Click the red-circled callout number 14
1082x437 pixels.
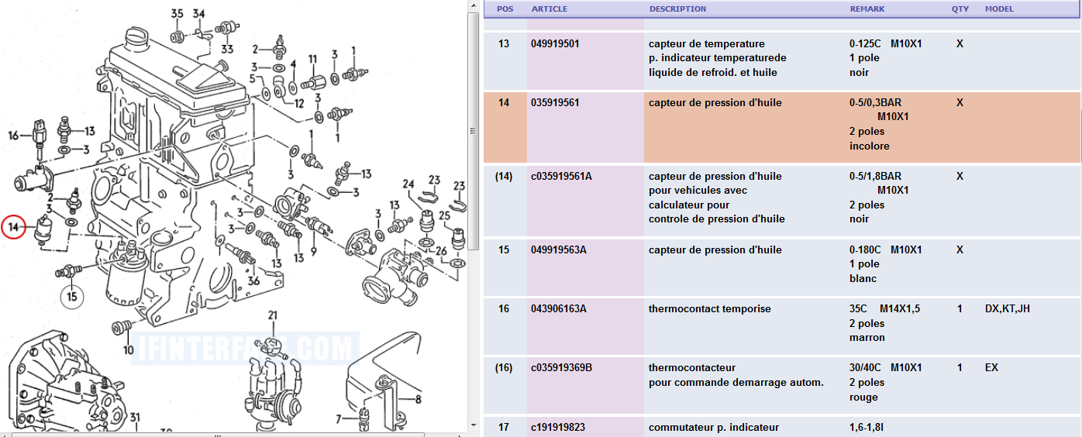click(x=13, y=227)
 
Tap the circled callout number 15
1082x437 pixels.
click(x=72, y=297)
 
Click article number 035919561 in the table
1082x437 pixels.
click(x=555, y=102)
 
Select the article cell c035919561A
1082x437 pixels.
click(x=561, y=176)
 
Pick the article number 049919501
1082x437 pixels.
click(x=555, y=43)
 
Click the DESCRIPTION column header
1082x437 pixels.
click(x=677, y=9)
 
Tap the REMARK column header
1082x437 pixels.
click(x=867, y=9)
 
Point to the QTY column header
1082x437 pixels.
click(x=960, y=9)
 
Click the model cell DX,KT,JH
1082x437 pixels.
click(x=1008, y=308)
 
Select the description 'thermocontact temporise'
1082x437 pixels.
click(x=710, y=308)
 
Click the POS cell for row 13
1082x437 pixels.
click(x=504, y=43)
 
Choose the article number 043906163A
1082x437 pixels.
click(x=559, y=308)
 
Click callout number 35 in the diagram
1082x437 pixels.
click(x=177, y=13)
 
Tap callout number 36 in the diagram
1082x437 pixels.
click(x=253, y=280)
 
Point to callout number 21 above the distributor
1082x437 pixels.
click(x=273, y=315)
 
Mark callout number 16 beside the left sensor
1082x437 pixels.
click(x=13, y=136)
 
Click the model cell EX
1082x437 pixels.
click(x=991, y=367)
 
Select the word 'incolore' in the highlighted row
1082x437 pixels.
click(x=870, y=146)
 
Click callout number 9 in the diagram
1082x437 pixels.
click(x=313, y=251)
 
